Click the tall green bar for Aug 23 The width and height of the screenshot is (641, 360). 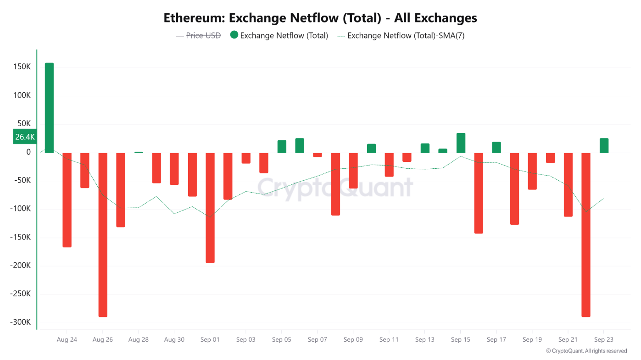(49, 108)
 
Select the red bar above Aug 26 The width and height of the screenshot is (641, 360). (103, 235)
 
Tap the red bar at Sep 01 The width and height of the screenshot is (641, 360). (210, 208)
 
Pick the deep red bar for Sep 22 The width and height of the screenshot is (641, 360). (586, 235)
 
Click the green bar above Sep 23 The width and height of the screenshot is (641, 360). (604, 145)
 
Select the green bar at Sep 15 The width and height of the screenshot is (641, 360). (461, 143)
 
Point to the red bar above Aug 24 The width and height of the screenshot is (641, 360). (67, 200)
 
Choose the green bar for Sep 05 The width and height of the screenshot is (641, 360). (282, 146)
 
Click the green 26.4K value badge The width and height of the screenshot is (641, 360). (25, 137)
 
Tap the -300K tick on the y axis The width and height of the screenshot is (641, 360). (20, 322)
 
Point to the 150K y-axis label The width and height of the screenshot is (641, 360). (22, 66)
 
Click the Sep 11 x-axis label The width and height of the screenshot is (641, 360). (389, 340)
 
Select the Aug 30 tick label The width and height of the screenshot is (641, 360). (174, 340)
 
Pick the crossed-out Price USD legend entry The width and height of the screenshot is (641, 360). (198, 35)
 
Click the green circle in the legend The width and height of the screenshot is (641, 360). (234, 35)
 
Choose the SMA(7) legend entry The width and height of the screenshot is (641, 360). (401, 35)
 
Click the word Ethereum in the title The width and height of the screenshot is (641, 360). (194, 18)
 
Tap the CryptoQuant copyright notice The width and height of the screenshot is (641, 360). (587, 351)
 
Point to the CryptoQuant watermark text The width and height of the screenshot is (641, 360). (335, 188)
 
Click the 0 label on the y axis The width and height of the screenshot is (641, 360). (28, 152)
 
